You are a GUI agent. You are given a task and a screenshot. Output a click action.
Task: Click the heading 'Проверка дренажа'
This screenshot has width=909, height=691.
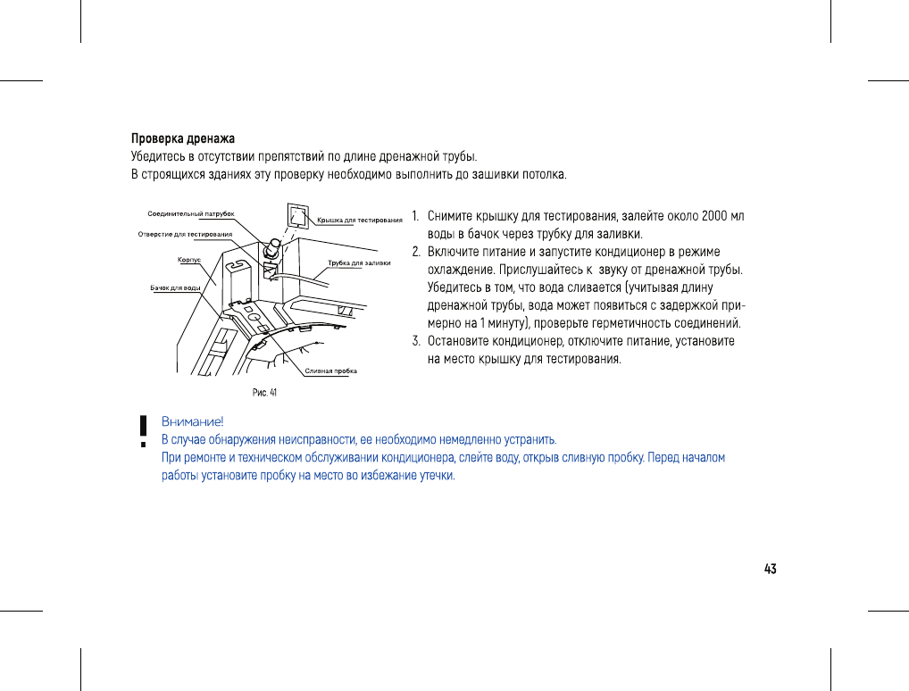pyautogui.click(x=183, y=138)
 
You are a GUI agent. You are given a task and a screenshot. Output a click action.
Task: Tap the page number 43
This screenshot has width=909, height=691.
pyautogui.click(x=770, y=569)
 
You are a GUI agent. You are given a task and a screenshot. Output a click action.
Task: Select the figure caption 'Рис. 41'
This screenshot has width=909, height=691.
pyautogui.click(x=263, y=392)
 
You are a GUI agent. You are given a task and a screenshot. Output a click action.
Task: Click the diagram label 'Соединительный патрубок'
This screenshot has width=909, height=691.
pyautogui.click(x=190, y=214)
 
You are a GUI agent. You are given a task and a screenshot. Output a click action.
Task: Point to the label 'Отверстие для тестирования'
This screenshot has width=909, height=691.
pyautogui.click(x=185, y=234)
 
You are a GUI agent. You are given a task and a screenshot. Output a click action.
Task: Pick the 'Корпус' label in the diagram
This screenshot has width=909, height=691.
pyautogui.click(x=188, y=259)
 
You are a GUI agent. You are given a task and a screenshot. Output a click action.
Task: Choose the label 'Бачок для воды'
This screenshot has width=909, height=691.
pyautogui.click(x=175, y=287)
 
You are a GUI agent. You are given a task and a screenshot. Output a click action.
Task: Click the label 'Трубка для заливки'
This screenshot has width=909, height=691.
pyautogui.click(x=359, y=262)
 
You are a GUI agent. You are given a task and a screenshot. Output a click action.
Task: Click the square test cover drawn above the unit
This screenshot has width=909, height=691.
pyautogui.click(x=297, y=216)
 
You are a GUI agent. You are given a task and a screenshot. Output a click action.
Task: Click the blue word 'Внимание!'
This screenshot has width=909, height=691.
pyautogui.click(x=192, y=421)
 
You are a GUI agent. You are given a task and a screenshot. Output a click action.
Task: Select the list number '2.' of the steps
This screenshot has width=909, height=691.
pyautogui.click(x=416, y=252)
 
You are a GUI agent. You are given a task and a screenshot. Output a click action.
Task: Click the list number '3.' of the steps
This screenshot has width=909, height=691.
pyautogui.click(x=416, y=341)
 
